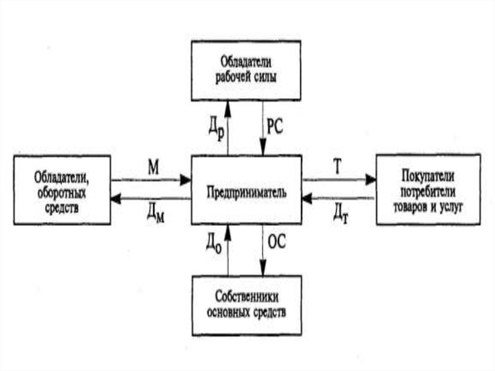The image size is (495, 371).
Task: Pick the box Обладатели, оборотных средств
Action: coord(62,190)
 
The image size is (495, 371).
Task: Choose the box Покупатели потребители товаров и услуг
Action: coord(428,190)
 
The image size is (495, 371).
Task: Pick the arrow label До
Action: coord(214,240)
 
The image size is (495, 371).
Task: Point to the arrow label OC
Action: coord(277,241)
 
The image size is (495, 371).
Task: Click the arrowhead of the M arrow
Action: coord(186,180)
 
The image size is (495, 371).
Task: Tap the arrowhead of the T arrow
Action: coord(371,180)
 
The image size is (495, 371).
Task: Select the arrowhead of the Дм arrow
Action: coord(116,198)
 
